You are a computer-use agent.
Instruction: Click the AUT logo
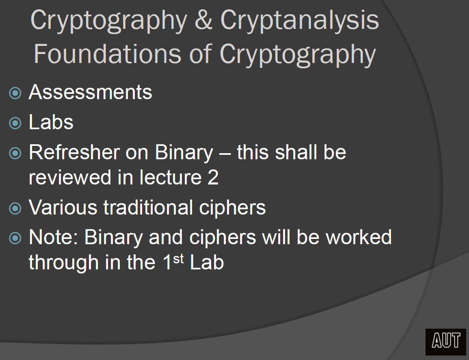[x=446, y=341]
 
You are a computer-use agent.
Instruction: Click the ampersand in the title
[x=204, y=20]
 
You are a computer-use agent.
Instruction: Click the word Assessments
[x=90, y=92]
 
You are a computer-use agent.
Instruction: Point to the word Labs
[x=51, y=122]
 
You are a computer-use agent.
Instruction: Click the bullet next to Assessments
[x=15, y=93]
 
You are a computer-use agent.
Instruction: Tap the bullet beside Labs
[x=15, y=123]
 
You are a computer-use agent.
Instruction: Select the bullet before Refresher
[x=15, y=153]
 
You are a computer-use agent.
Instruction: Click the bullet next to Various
[x=15, y=208]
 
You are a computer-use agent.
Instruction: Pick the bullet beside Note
[x=15, y=238]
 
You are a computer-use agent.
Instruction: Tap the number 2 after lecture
[x=213, y=177]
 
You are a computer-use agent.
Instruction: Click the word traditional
[x=148, y=207]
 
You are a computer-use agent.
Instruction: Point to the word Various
[x=63, y=207]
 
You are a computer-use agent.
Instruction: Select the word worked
[x=359, y=237]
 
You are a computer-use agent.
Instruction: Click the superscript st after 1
[x=178, y=259]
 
